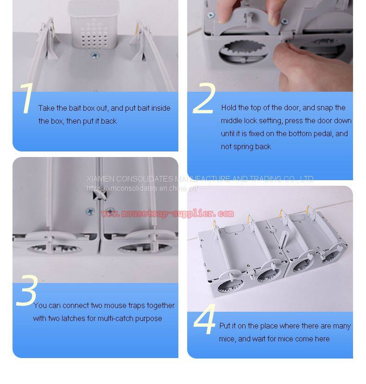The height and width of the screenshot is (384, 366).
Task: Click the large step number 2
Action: pyautogui.click(x=204, y=98)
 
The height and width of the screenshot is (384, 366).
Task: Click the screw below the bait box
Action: pyautogui.click(x=95, y=55)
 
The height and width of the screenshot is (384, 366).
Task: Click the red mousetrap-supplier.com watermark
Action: pyautogui.click(x=168, y=213)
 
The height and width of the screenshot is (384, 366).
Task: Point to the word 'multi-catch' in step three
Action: pyautogui.click(x=115, y=318)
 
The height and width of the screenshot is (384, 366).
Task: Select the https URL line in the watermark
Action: pyautogui.click(x=142, y=189)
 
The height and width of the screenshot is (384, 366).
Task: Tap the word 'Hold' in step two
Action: pyautogui.click(x=228, y=108)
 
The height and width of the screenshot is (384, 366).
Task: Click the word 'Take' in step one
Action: pyautogui.click(x=46, y=108)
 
